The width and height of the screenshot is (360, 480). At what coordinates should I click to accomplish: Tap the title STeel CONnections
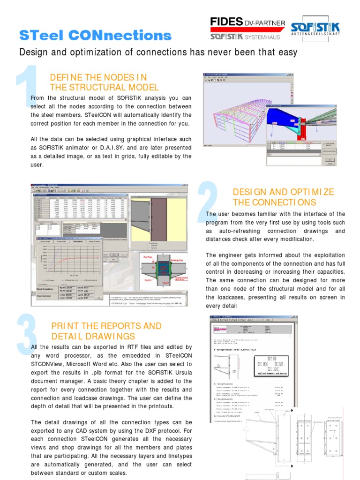tap(95, 36)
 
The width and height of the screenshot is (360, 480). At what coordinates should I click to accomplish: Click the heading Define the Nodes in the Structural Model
tap(104, 82)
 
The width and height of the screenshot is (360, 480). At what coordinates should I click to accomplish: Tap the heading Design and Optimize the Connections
tap(283, 197)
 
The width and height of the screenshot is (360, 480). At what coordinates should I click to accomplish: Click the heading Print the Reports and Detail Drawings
tap(106, 331)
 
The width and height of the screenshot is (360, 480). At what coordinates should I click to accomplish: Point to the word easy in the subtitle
tap(287, 52)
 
